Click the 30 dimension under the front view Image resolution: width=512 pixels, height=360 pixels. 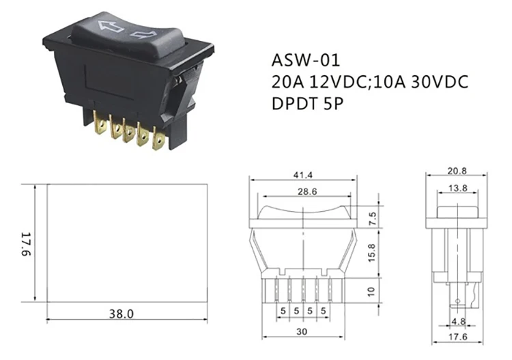click(303, 332)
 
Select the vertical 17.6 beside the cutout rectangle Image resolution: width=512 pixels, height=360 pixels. click(25, 243)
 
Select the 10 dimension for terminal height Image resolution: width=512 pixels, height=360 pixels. click(371, 289)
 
